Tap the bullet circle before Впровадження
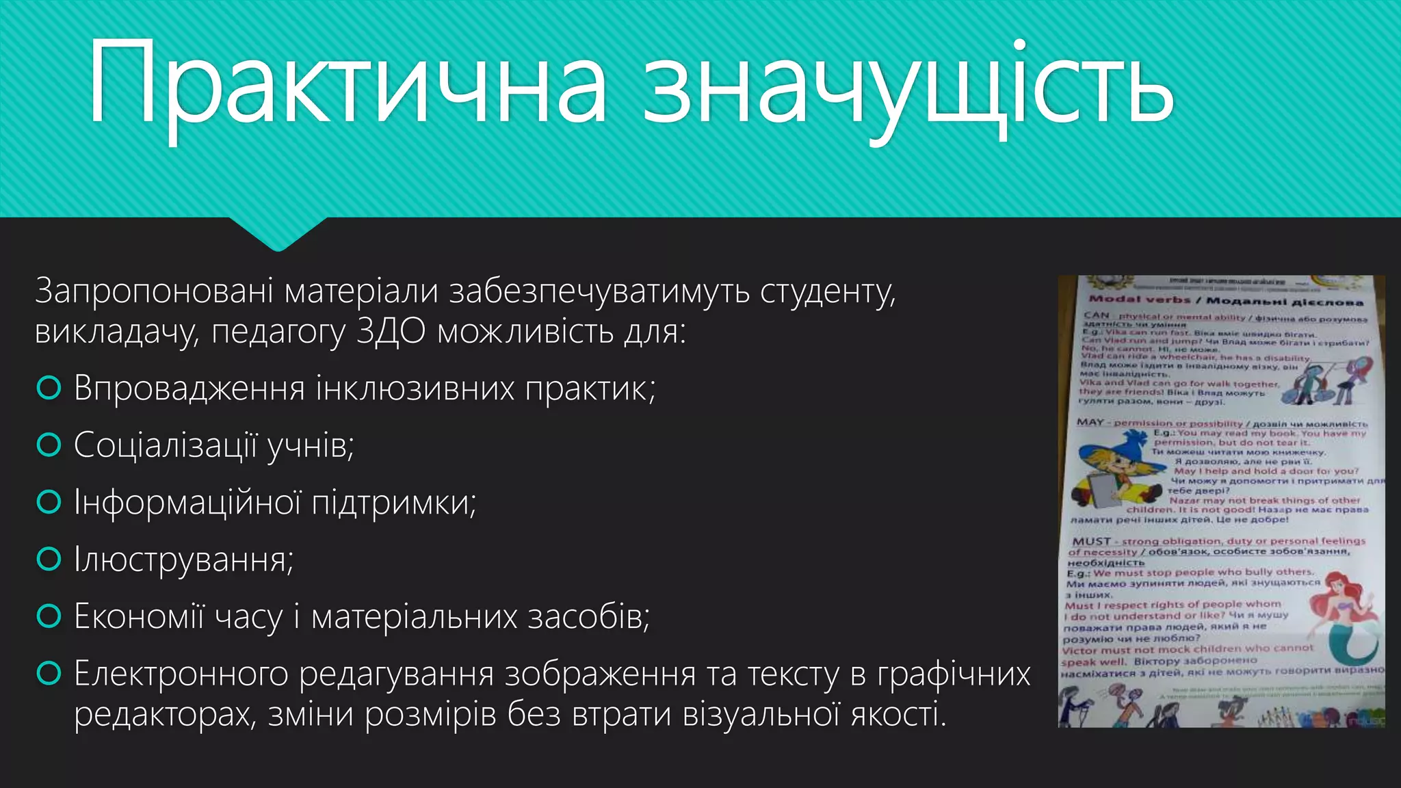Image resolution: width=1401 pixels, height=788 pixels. tap(49, 389)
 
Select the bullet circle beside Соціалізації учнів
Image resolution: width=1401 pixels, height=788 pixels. tap(49, 445)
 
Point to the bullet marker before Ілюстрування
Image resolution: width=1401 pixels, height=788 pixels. tap(49, 560)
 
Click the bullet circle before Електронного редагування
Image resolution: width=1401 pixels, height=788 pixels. tap(49, 674)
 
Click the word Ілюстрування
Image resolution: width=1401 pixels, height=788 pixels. tap(183, 560)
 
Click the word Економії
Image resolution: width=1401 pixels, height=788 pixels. tap(139, 616)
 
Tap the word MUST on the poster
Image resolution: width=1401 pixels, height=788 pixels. tap(1091, 541)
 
